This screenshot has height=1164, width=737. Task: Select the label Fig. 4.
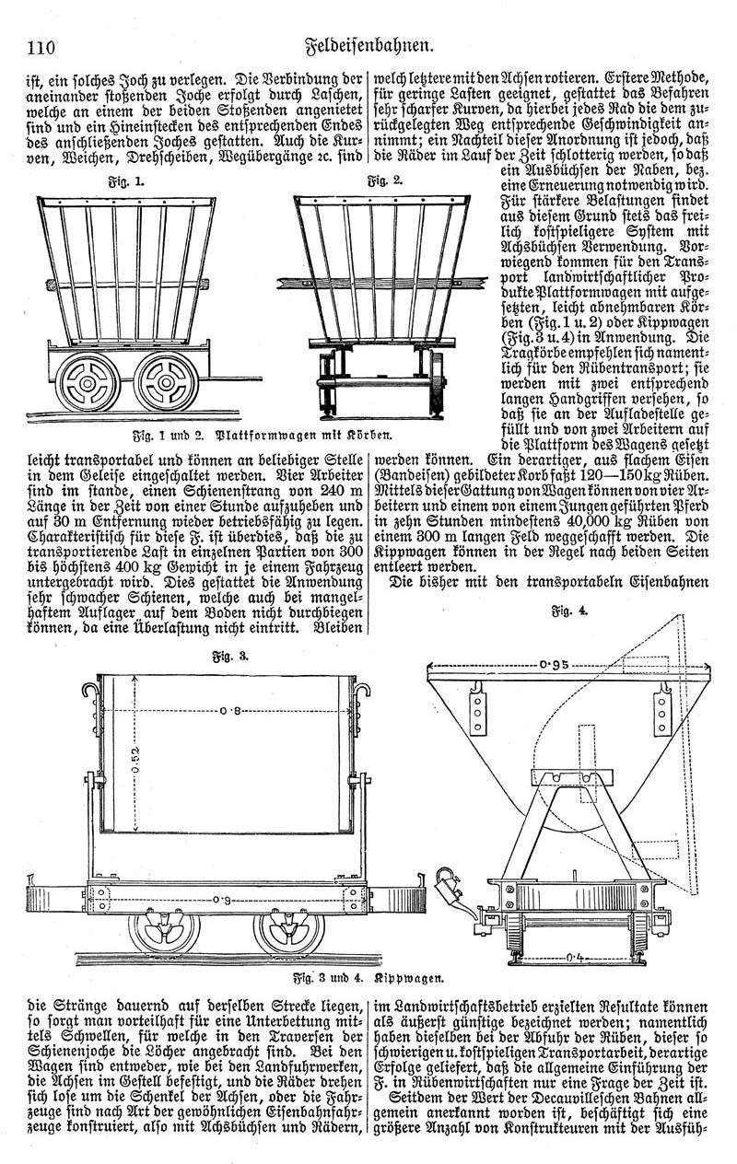[562, 610]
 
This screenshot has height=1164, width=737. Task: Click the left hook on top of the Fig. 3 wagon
[89, 689]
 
